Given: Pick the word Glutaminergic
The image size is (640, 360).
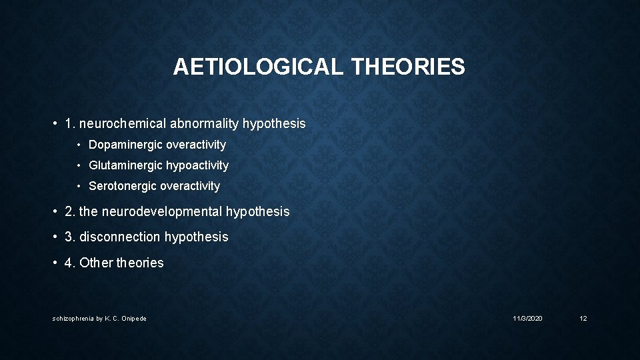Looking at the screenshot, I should point(124,165).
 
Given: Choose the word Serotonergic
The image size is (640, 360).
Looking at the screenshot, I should point(123,186).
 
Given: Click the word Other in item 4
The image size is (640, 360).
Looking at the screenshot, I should point(95,263).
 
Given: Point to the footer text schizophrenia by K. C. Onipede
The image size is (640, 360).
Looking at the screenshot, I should point(99,319).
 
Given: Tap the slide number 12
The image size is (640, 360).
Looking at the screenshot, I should point(583,319).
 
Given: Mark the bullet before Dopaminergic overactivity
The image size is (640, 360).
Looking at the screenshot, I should point(79,145).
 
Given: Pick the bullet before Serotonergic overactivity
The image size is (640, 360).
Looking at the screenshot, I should point(79,186).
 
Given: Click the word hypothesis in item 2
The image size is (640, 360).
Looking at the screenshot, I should point(258,211).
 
